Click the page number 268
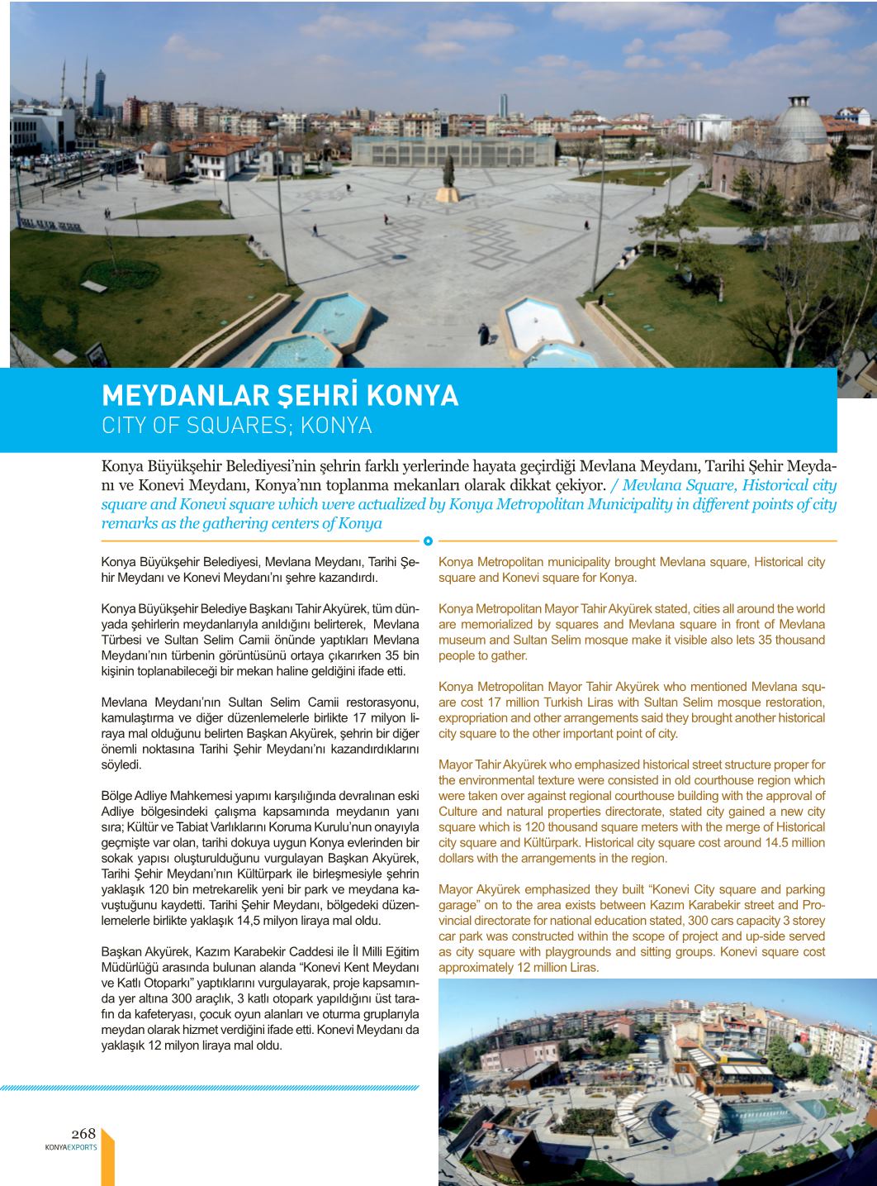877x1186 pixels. point(83,1133)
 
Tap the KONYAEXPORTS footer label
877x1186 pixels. point(71,1147)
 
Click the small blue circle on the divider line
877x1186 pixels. point(428,541)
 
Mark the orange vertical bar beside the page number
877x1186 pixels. point(107,1157)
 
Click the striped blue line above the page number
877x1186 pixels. point(210,1088)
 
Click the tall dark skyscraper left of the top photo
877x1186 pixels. point(100,93)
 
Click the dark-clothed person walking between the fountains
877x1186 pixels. point(485,333)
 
